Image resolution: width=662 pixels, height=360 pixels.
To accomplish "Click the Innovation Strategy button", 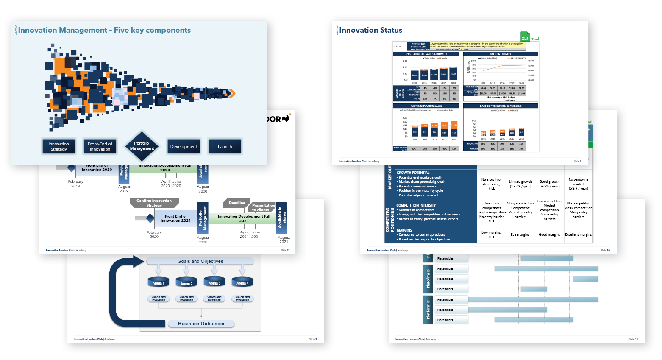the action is pos(58,147).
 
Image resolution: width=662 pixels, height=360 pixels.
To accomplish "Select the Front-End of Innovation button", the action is pos(100,147).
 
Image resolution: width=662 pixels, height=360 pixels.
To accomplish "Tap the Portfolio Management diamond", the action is pos(142,146).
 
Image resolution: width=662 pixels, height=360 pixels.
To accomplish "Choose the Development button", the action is pos(184,147).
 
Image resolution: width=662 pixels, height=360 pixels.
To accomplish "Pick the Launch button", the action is pos(225,147).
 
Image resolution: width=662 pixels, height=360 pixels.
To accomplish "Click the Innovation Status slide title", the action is pos(370,30).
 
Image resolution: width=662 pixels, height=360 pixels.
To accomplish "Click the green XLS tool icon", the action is pos(525,37).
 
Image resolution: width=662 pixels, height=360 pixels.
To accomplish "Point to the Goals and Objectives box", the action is pos(200,261).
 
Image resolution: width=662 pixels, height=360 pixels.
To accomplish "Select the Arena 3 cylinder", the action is pos(214,282).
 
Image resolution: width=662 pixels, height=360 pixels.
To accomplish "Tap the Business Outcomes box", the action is pos(201,324).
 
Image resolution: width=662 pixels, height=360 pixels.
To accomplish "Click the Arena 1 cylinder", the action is pos(158,282).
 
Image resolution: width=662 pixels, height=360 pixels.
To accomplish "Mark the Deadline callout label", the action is pos(236,203).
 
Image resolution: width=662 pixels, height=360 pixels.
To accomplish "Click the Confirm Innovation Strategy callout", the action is pos(154,203).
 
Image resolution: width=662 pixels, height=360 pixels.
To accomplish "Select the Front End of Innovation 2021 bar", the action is pos(175,218).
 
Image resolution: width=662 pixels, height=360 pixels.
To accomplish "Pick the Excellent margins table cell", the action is pos(578,234).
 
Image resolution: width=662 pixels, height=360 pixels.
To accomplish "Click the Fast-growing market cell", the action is pos(578,184).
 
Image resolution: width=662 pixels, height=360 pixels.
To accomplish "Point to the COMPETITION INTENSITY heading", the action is pos(416,205).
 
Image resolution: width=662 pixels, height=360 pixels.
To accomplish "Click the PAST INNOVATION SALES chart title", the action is pos(426,106).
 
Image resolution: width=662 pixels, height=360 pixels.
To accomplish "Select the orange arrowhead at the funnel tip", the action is pos(232,93).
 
